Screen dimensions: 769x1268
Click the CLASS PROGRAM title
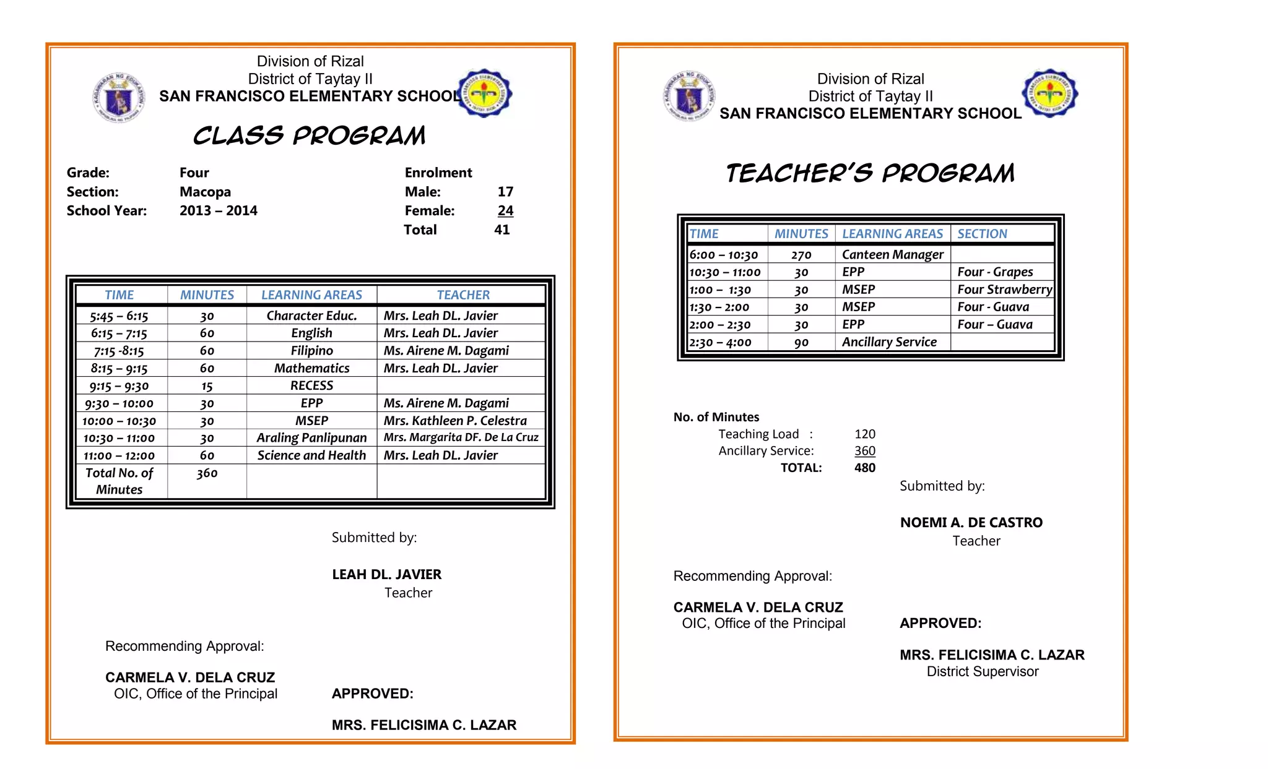coord(309,135)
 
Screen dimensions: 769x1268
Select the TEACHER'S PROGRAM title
coord(870,173)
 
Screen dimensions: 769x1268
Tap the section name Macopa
coord(205,192)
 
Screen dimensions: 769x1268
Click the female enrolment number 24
coord(505,210)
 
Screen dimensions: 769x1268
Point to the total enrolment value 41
coord(502,230)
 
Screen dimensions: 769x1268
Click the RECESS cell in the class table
coord(311,385)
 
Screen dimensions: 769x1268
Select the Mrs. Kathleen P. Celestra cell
coord(455,421)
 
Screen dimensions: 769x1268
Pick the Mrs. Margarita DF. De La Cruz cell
coord(461,437)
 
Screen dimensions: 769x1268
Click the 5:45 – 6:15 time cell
coord(119,316)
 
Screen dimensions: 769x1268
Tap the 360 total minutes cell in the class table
coord(207,473)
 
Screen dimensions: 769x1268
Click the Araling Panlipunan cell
coord(311,438)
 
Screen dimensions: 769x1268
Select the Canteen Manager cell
coord(892,254)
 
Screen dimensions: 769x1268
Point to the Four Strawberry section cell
coord(1004,290)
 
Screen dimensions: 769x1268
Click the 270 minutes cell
coord(801,255)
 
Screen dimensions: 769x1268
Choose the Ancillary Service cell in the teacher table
coord(889,342)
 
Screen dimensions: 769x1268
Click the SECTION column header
coord(982,234)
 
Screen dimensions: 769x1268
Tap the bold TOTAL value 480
coord(864,468)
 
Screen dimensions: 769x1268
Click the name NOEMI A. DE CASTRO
coord(971,523)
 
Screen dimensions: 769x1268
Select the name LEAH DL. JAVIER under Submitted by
coord(386,575)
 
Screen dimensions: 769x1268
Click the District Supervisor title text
coord(982,672)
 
